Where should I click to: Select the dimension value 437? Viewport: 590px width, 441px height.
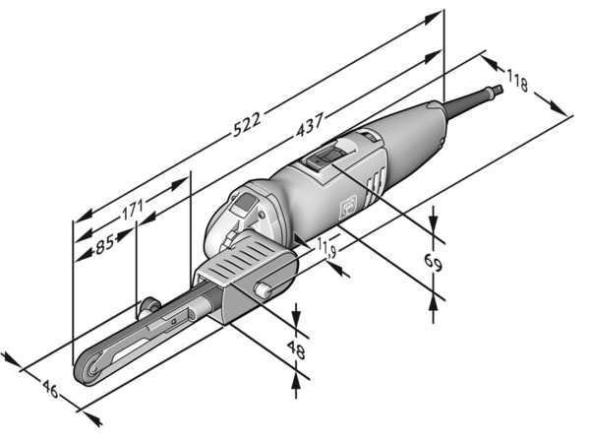pos(311,126)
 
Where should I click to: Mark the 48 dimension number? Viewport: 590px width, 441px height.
pos(296,350)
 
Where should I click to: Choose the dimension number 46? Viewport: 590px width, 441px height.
pos(49,392)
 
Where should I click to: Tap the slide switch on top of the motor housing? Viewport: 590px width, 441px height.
pos(327,157)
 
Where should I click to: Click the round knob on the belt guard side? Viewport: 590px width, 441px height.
pos(265,289)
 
